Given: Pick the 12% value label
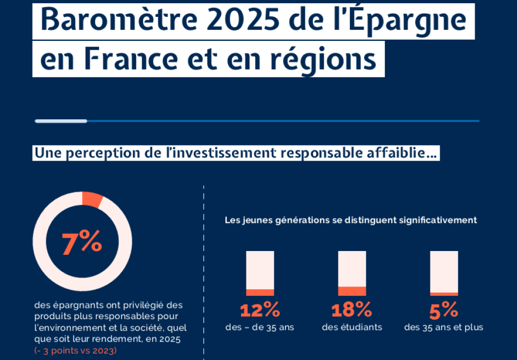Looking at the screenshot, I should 260,310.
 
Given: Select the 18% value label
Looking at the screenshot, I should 352,310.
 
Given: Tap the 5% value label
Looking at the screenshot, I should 444,310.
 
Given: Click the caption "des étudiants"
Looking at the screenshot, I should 352,327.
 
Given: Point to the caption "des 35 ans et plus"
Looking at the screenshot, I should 444,327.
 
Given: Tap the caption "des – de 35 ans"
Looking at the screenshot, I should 260,327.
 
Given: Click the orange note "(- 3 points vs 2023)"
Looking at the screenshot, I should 75,350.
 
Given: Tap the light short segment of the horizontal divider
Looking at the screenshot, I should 61,121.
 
